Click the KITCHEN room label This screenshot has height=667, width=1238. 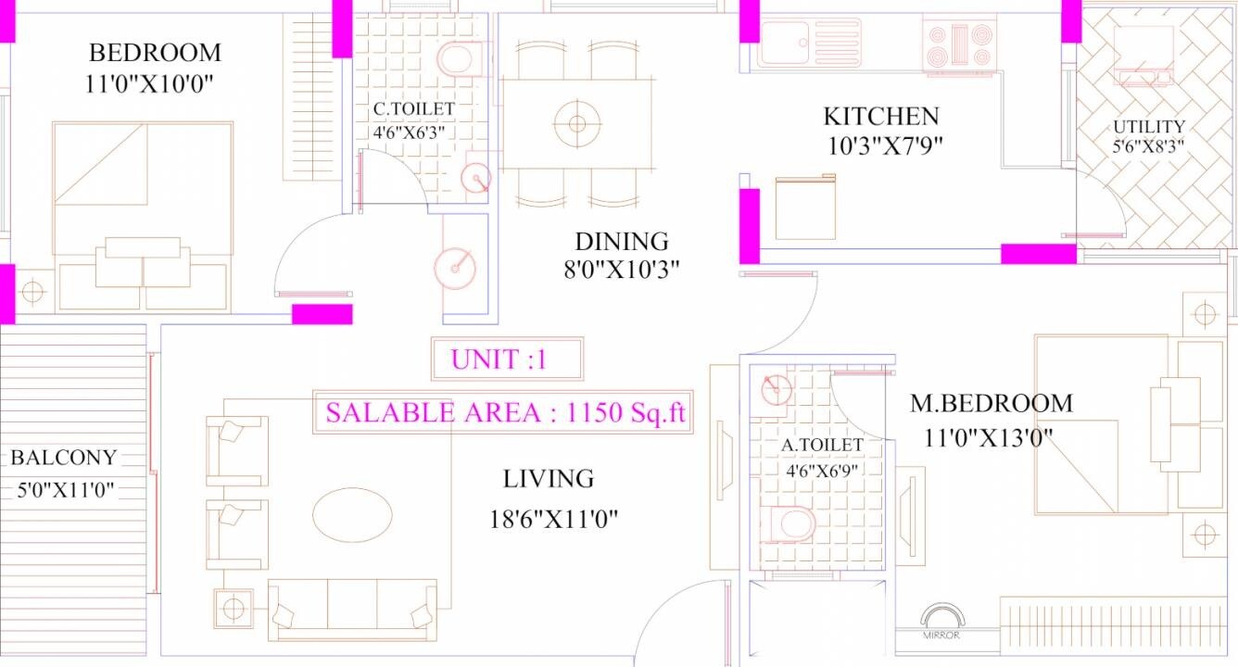point(880,117)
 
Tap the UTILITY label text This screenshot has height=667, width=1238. point(1149,127)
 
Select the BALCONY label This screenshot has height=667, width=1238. point(64,458)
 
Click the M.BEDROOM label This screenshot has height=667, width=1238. point(991,404)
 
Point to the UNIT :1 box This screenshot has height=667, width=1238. point(507,359)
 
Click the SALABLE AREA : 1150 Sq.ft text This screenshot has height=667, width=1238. point(505,413)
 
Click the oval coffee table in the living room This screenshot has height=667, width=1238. point(353,515)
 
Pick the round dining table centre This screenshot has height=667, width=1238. point(577,123)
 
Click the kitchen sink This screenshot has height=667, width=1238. point(785,42)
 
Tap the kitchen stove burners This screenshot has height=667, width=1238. point(959,44)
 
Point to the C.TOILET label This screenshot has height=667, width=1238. point(414,109)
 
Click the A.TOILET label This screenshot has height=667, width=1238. point(822,446)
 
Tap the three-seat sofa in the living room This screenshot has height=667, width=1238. point(352,608)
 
